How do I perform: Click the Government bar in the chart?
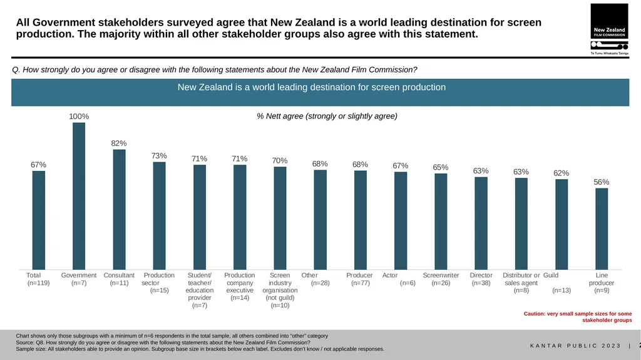(79, 196)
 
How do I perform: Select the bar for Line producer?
(602, 229)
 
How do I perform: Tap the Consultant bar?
(120, 210)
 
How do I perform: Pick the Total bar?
(39, 220)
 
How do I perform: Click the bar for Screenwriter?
(441, 221)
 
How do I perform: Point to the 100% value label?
(79, 116)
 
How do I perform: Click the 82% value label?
(119, 143)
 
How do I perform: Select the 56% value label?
(602, 182)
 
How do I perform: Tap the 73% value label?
(159, 156)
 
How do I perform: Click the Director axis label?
(481, 275)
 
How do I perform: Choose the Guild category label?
(551, 275)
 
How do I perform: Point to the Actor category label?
(390, 275)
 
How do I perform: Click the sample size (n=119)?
(38, 283)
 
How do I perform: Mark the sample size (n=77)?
(360, 283)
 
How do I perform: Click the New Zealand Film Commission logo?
(610, 29)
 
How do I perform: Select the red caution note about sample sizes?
(578, 317)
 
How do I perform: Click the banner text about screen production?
(312, 87)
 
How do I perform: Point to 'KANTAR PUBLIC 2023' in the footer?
(576, 346)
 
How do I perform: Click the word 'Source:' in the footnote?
(25, 342)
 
